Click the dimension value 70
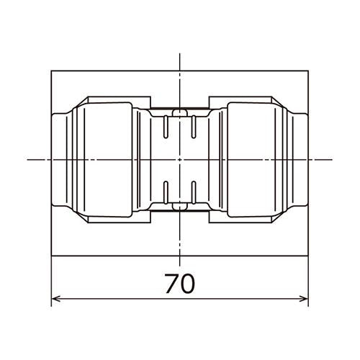[x=180, y=284]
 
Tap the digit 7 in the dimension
[x=171, y=284]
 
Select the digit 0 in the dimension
[x=187, y=284]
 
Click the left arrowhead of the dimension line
[x=55, y=299]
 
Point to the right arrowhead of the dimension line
[x=304, y=299]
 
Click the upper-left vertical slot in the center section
[x=166, y=127]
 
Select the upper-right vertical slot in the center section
[x=194, y=127]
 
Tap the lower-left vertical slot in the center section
[x=166, y=193]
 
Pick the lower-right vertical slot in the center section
[x=194, y=193]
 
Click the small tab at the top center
[x=180, y=112]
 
